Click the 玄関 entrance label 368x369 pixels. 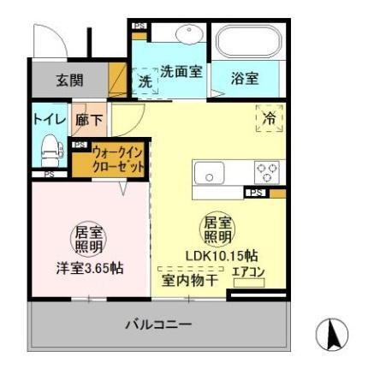(70, 82)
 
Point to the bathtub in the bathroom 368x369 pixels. (248, 43)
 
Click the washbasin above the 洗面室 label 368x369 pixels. (187, 34)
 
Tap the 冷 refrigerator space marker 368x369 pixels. (269, 119)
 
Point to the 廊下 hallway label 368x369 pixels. (89, 121)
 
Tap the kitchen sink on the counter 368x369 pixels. (210, 174)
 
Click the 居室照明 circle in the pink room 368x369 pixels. (83, 236)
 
